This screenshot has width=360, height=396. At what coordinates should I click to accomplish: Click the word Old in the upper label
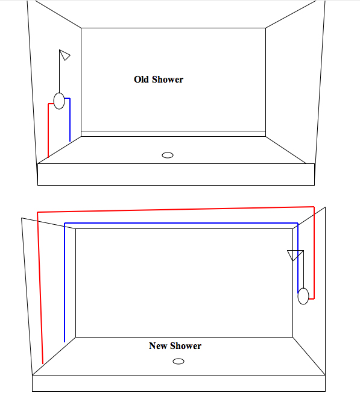[x=141, y=80]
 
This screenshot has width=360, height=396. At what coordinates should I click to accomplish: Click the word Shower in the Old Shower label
[x=168, y=80]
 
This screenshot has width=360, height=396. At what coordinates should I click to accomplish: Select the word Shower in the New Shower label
[x=186, y=346]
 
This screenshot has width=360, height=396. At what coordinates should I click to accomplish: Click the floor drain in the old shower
[x=168, y=155]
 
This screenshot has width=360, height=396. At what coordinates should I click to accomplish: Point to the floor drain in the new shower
[x=178, y=362]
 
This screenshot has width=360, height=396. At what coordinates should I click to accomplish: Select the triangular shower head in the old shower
[x=65, y=55]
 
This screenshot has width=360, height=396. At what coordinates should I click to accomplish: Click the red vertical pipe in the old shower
[x=48, y=130]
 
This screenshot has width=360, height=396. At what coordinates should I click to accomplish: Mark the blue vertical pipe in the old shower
[x=70, y=120]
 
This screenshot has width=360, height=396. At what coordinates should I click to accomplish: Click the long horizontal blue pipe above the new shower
[x=181, y=223]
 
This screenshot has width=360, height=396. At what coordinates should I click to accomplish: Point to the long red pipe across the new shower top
[x=175, y=210]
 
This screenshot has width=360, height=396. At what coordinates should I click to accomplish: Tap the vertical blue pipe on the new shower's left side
[x=65, y=283]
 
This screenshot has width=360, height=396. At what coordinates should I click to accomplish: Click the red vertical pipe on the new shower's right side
[x=314, y=253]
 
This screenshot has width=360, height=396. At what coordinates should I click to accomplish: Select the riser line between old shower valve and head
[x=59, y=72]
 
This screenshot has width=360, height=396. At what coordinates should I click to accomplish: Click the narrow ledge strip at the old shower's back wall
[x=173, y=134]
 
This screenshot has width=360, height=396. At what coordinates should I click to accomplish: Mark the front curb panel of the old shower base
[x=176, y=174]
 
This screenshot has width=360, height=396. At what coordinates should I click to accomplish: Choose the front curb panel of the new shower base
[x=178, y=383]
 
